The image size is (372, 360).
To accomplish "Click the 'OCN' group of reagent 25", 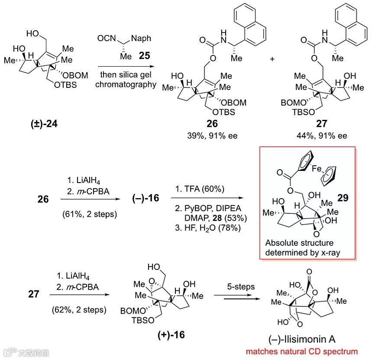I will pos(106,39).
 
